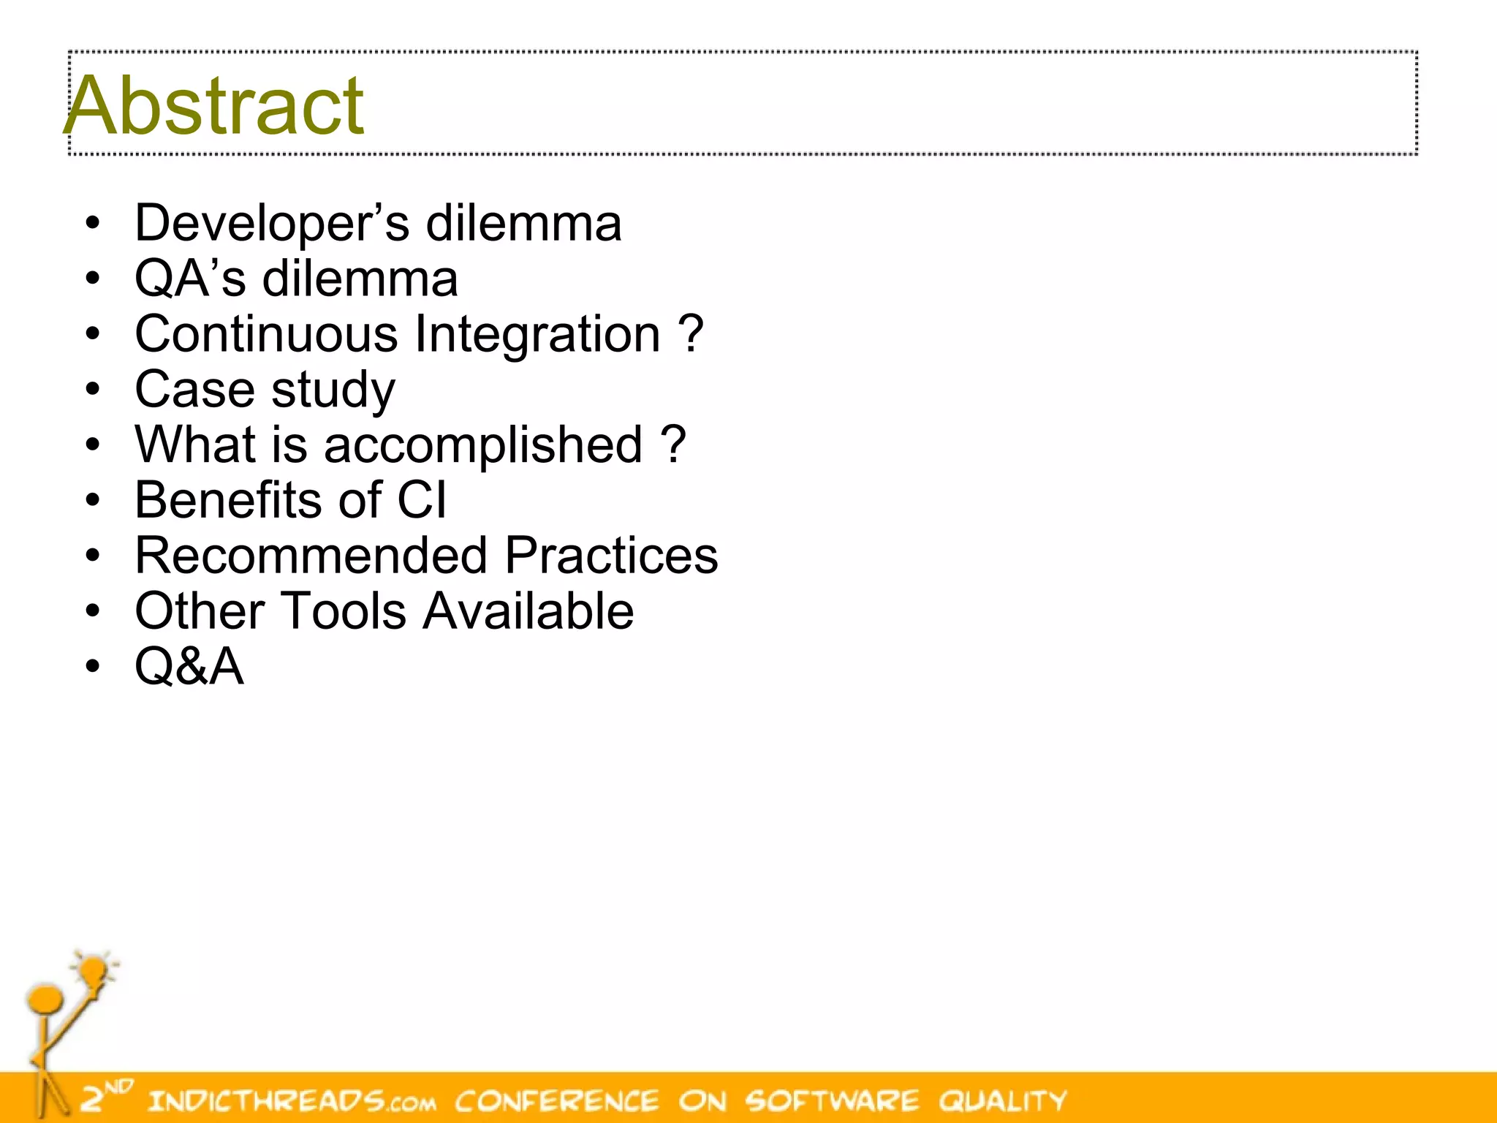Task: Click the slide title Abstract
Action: (214, 105)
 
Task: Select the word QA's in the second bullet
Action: (190, 279)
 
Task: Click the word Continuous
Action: (266, 334)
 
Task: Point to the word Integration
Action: (537, 334)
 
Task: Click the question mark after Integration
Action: (691, 334)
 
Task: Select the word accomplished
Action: (482, 446)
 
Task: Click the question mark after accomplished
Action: (673, 445)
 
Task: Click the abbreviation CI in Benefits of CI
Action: (421, 501)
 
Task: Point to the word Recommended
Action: (311, 556)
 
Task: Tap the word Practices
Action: (611, 556)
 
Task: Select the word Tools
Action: (344, 611)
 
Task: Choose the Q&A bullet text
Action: (189, 667)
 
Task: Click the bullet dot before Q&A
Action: (91, 667)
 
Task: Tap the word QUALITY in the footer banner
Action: (1002, 1100)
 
